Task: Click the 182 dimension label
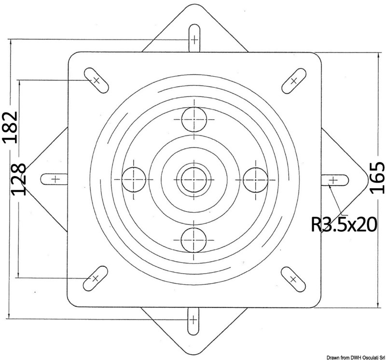click(10, 127)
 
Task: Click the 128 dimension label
click(18, 180)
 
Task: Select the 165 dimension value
click(377, 178)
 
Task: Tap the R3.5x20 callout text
click(344, 224)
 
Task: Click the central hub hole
click(194, 180)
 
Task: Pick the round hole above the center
click(194, 119)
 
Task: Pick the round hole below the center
click(193, 240)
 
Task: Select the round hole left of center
click(134, 180)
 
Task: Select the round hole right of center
click(256, 180)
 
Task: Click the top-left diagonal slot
click(96, 80)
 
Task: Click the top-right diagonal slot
click(294, 81)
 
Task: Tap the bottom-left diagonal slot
click(95, 278)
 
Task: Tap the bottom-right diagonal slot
click(293, 279)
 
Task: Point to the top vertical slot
click(194, 38)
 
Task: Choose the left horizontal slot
click(54, 179)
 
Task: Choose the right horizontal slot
click(335, 180)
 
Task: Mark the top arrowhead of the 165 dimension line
click(378, 54)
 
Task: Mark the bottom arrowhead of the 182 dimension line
click(9, 317)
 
